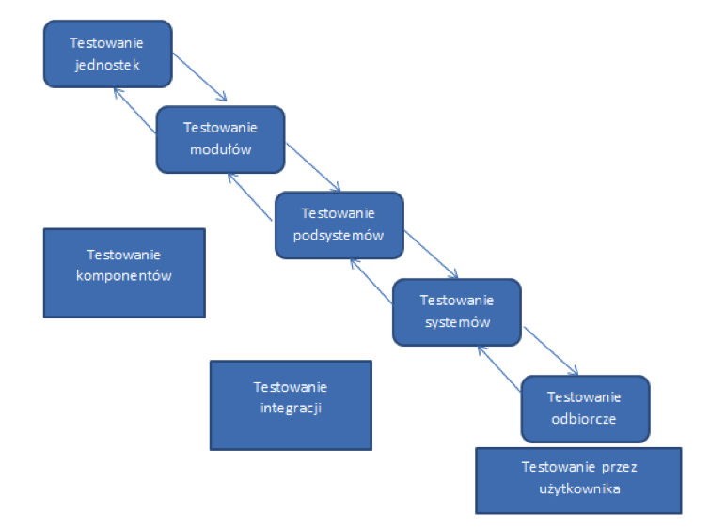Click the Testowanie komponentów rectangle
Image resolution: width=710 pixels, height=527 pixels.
[x=123, y=272]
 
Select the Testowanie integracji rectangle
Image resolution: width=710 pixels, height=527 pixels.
[x=291, y=404]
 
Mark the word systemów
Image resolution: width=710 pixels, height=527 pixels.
[x=456, y=322]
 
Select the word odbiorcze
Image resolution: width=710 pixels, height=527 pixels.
[x=584, y=419]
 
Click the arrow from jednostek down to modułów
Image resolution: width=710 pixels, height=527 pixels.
[x=200, y=77]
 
